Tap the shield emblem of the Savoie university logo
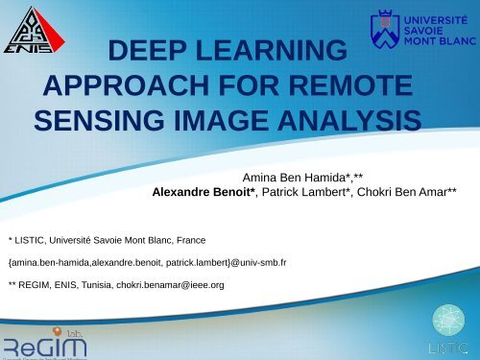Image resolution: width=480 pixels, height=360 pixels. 382,30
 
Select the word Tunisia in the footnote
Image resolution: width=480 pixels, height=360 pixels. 106,285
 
